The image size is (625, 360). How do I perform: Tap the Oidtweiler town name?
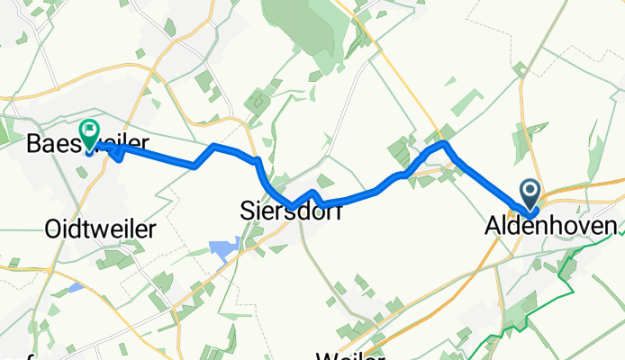click(x=98, y=229)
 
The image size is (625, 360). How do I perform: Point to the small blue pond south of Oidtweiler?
click(x=76, y=289)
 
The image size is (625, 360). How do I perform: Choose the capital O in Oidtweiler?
click(x=52, y=229)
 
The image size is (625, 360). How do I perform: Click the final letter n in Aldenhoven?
click(x=612, y=226)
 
